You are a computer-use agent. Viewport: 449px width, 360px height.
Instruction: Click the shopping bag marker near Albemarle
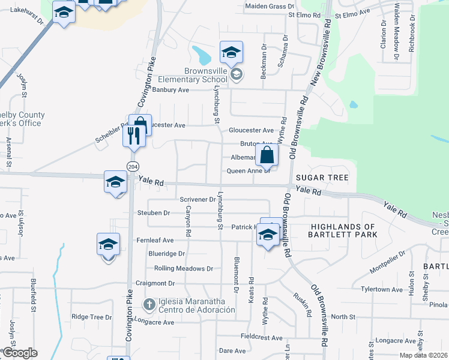[x=267, y=156]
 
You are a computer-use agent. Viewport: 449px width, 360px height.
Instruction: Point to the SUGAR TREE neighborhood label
[x=322, y=178]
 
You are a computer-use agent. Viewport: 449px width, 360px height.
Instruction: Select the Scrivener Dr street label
[x=197, y=199]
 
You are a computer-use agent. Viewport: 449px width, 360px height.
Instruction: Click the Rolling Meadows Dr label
[x=184, y=269]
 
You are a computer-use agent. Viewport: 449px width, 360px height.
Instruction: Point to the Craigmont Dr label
[x=155, y=283]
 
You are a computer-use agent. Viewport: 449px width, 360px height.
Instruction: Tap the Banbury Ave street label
[x=170, y=90]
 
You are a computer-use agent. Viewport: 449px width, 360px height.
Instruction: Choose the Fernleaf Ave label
[x=155, y=240]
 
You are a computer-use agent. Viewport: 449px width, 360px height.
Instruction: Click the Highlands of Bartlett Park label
[x=343, y=230]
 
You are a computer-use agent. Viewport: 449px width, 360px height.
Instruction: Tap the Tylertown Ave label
[x=382, y=289]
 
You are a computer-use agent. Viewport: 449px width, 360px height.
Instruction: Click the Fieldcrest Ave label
[x=261, y=338]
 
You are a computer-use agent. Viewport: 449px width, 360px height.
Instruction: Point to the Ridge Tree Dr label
[x=92, y=317]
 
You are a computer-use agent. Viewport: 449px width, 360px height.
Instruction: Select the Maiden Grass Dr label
[x=265, y=7]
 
